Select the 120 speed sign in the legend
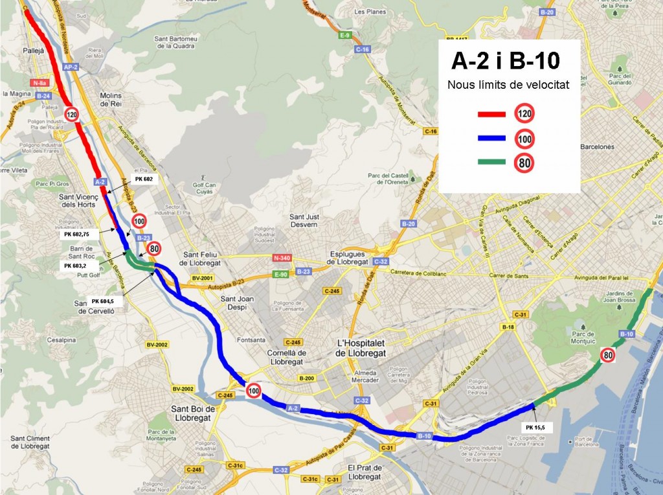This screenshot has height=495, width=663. coord(524,114)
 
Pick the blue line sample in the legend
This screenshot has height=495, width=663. coord(493,139)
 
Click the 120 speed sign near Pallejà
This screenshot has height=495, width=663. coord(73,115)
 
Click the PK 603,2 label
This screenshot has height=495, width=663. coord(77,266)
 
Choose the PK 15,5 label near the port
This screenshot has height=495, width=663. coord(535,428)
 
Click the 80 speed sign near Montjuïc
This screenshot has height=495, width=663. coord(607,354)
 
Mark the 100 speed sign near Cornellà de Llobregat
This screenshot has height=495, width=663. coord(254,390)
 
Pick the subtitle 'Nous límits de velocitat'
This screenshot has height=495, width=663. coord(508,85)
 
